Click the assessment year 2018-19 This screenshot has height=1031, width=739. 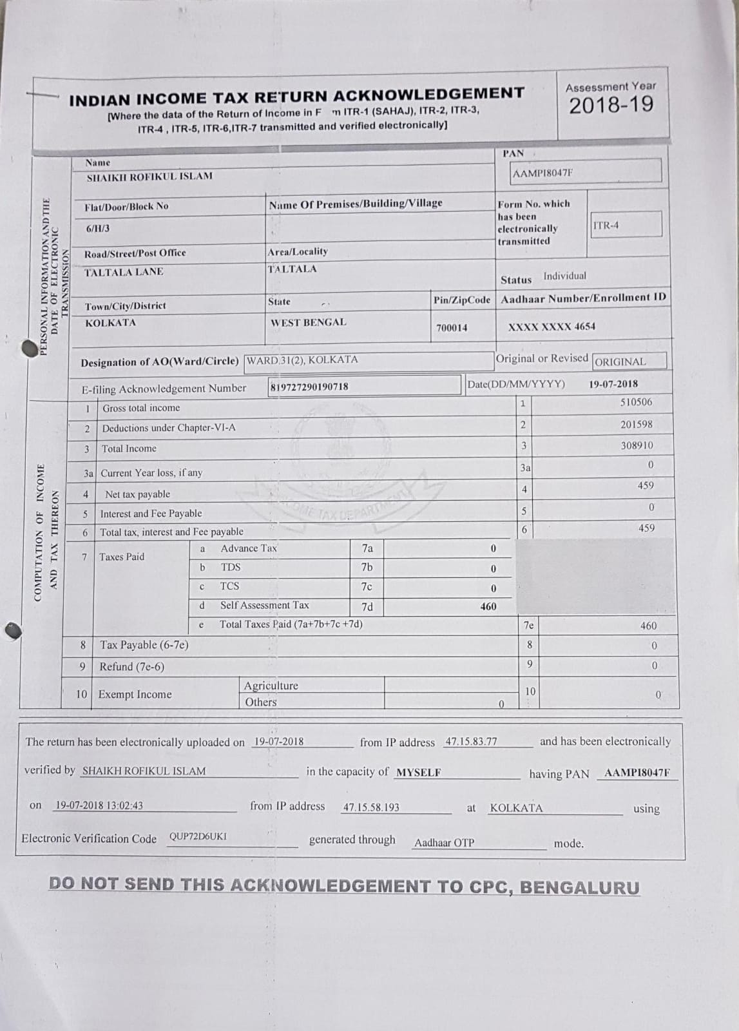click(611, 104)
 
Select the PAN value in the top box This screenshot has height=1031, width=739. click(542, 173)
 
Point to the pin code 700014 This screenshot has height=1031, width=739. click(452, 328)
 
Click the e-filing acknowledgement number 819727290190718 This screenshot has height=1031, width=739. click(309, 387)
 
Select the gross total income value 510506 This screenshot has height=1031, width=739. click(636, 402)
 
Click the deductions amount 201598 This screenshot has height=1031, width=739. click(636, 424)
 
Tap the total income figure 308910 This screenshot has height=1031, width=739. click(637, 445)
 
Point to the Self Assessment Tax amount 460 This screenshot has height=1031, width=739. click(488, 606)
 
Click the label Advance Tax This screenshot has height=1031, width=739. click(249, 548)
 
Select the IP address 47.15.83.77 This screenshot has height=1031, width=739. click(471, 742)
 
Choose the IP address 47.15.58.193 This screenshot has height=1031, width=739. click(371, 807)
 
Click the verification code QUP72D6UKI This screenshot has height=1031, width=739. click(198, 837)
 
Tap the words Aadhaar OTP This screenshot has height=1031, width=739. click(444, 843)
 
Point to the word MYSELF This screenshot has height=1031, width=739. click(418, 773)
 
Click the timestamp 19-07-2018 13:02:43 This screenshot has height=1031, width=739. click(99, 805)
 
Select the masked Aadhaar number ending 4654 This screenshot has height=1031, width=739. click(552, 327)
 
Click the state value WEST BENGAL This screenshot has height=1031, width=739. click(308, 322)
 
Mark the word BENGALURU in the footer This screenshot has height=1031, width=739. click(579, 887)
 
